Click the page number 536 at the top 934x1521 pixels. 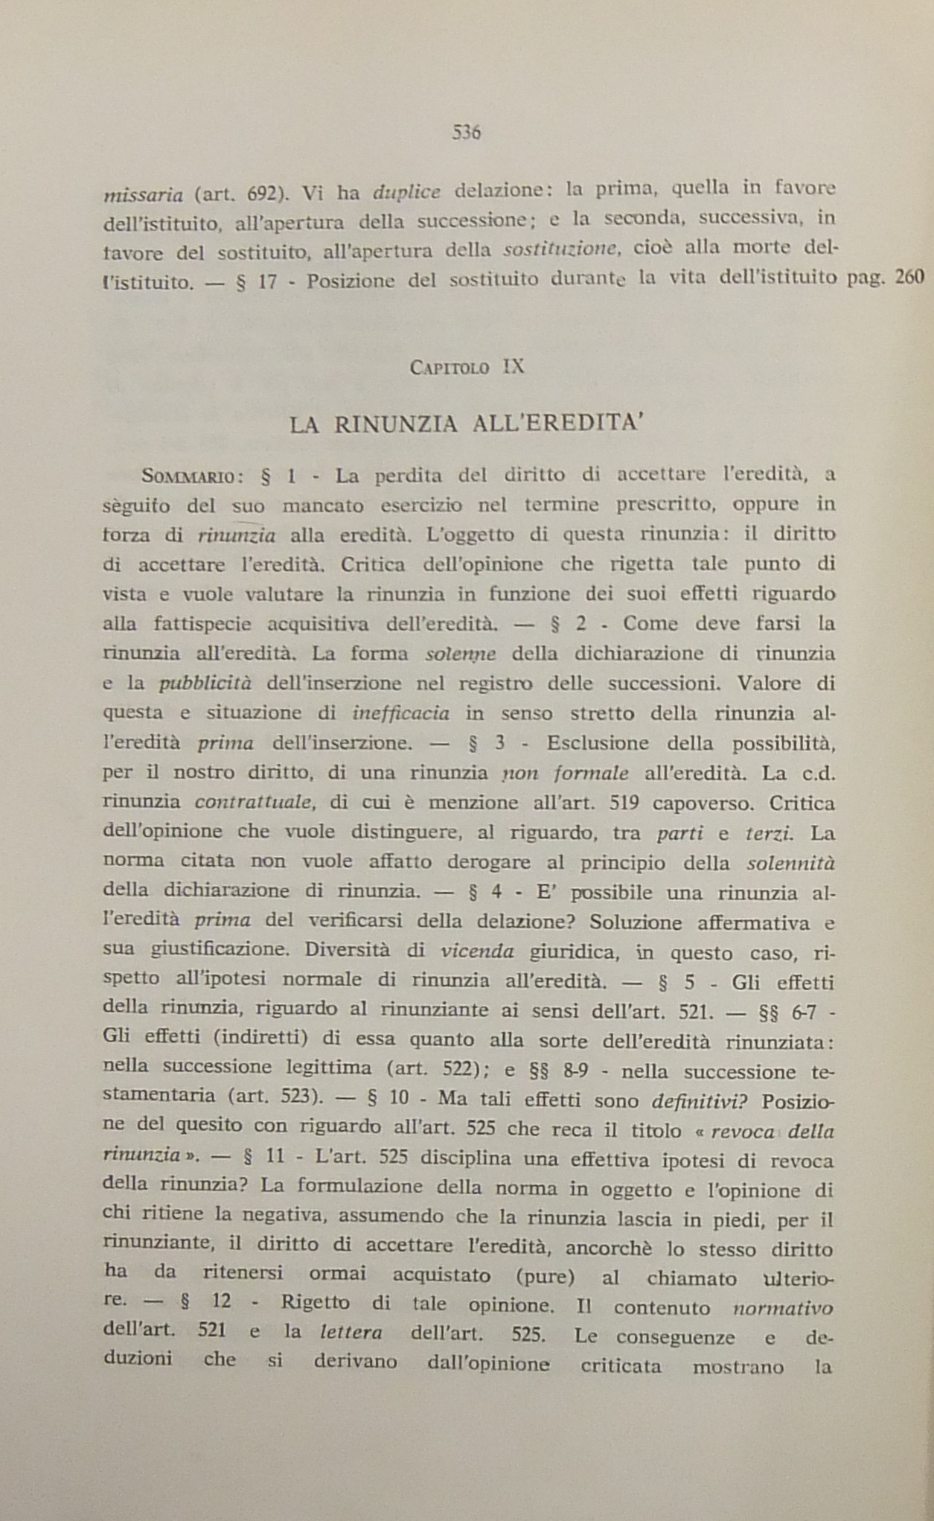467,133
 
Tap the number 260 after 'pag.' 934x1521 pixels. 909,277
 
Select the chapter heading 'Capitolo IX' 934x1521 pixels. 467,367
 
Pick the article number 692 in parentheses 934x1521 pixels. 262,194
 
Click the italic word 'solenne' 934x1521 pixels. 459,654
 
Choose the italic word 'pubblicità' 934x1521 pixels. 205,683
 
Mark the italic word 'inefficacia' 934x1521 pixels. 400,713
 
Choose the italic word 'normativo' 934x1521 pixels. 783,1308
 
